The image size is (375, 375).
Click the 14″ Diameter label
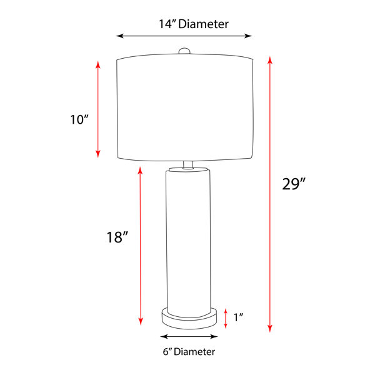(x=194, y=24)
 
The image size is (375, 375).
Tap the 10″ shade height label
(x=79, y=119)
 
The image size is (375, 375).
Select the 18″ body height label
(x=117, y=237)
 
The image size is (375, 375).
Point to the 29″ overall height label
(x=294, y=184)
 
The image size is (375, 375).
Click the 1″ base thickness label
(x=238, y=317)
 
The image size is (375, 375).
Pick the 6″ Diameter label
(x=189, y=352)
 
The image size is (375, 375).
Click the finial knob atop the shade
(x=184, y=51)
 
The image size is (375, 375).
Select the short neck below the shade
(x=188, y=165)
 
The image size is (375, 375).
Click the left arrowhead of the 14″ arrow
(x=119, y=36)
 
